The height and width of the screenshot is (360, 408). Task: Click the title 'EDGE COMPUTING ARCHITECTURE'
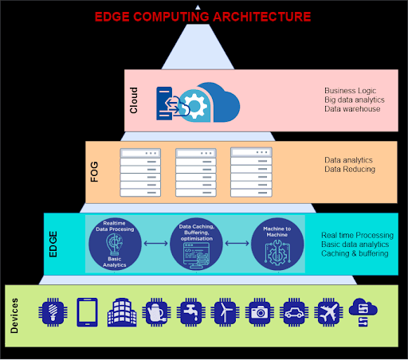[x=202, y=17]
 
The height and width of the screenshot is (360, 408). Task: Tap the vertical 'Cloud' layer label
[x=134, y=100]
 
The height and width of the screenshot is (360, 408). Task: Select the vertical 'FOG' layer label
[x=94, y=172]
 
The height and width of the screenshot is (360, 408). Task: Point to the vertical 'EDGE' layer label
[x=53, y=244]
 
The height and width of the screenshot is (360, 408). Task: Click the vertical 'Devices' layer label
[x=14, y=315]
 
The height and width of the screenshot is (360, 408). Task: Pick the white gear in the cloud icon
[x=195, y=106]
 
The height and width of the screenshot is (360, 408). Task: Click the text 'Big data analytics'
[x=355, y=100]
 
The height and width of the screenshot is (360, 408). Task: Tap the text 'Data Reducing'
[x=350, y=169]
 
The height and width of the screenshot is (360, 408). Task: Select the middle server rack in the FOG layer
[x=196, y=173]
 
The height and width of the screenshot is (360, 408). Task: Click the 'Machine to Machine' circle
[x=277, y=245]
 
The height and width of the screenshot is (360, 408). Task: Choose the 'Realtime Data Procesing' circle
[x=115, y=245]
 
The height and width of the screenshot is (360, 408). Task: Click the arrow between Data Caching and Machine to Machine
[x=237, y=243]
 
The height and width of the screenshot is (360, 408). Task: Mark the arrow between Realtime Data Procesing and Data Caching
[x=155, y=243]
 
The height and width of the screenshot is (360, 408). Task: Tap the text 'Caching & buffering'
[x=355, y=253]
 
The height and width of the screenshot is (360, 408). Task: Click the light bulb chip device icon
[x=53, y=312]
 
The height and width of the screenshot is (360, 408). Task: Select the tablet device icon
[x=87, y=312]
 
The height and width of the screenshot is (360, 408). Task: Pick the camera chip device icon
[x=260, y=312]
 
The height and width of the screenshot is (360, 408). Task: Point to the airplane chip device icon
[x=328, y=312]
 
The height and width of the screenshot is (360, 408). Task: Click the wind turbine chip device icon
[x=225, y=312]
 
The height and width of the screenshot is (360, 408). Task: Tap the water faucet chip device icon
[x=191, y=312]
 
